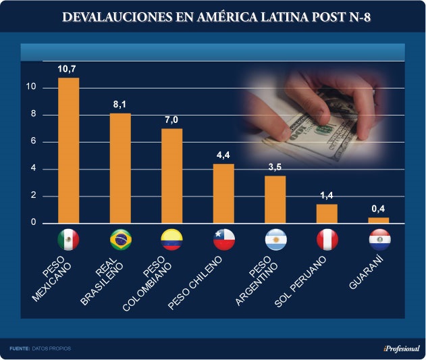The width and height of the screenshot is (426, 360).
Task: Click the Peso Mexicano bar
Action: (x=69, y=151)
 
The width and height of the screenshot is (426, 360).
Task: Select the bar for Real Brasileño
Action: (x=120, y=168)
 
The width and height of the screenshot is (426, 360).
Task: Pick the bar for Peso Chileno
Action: (x=223, y=193)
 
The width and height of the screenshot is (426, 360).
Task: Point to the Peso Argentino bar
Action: (x=275, y=199)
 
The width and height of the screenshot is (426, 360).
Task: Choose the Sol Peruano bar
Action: (x=327, y=213)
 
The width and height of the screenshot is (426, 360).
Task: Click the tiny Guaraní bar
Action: (x=378, y=220)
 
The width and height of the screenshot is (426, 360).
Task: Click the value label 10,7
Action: (x=69, y=69)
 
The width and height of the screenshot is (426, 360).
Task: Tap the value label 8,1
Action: (x=120, y=105)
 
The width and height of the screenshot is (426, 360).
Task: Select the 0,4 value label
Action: (x=378, y=209)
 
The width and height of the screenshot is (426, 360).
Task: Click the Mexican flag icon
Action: (x=69, y=240)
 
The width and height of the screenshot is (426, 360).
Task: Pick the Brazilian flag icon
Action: (x=120, y=240)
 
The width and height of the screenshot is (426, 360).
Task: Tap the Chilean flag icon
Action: (x=223, y=240)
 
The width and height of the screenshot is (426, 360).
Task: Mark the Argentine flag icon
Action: (x=275, y=240)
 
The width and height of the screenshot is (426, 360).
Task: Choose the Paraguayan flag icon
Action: (x=379, y=240)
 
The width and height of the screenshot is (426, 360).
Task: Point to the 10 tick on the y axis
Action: (x=30, y=88)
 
